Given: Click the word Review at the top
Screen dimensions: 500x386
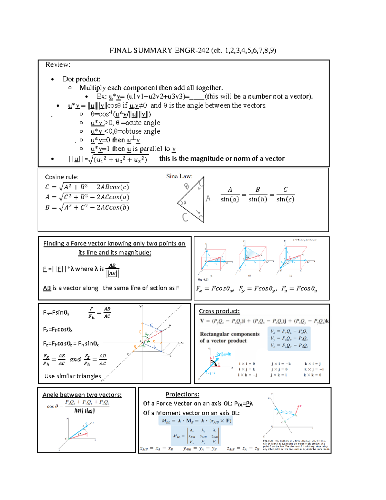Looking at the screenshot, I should (58, 65).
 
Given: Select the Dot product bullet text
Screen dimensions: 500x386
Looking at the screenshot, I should (81, 79).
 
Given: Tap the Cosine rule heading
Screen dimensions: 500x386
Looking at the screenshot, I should (62, 177).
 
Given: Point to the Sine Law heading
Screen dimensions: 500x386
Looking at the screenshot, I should (179, 176).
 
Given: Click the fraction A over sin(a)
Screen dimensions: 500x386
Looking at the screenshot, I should (230, 195).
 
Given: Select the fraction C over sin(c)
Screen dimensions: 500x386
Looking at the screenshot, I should (285, 195).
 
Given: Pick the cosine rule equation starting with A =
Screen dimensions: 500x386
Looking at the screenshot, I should (87, 197).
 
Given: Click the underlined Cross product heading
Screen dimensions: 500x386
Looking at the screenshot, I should (219, 311).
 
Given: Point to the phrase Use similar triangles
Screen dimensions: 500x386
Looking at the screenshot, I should (73, 376).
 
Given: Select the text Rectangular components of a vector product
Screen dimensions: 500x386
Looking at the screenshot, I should (229, 337).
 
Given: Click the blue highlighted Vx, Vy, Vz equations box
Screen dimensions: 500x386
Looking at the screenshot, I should (289, 338).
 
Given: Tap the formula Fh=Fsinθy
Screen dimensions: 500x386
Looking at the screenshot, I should (56, 313).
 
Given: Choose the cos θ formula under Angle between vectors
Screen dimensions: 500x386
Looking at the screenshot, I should (79, 406).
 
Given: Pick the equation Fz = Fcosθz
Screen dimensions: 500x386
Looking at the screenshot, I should (299, 289).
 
